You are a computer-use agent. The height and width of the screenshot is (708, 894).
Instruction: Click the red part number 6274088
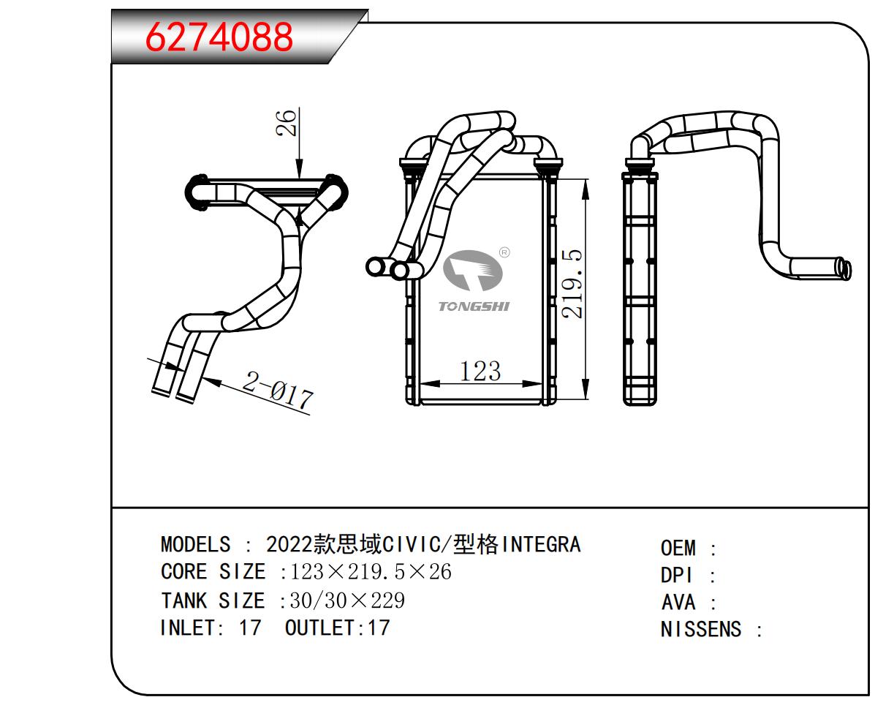click(x=219, y=37)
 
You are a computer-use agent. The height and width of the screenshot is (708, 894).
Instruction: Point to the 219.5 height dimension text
click(x=575, y=283)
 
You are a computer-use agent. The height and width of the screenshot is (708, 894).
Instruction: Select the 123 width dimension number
click(x=480, y=371)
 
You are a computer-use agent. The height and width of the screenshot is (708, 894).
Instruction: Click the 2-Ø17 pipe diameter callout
click(x=278, y=391)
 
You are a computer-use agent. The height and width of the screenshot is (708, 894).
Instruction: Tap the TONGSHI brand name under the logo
click(x=474, y=306)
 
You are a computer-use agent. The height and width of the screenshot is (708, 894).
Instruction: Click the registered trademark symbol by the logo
click(x=504, y=253)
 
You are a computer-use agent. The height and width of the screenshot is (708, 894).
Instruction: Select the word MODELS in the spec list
click(x=195, y=545)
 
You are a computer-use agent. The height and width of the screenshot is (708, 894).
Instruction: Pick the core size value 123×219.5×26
click(x=371, y=571)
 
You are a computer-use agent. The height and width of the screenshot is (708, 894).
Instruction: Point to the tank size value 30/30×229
click(x=347, y=600)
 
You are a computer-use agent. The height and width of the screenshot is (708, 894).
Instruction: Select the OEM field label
click(x=678, y=549)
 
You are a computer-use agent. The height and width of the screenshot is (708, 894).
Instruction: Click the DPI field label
click(x=677, y=576)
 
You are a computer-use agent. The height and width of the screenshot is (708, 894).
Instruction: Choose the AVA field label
click(x=678, y=603)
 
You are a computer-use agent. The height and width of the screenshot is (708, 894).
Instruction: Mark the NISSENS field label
click(x=700, y=629)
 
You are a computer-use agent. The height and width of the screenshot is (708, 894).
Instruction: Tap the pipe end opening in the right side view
click(x=846, y=269)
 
